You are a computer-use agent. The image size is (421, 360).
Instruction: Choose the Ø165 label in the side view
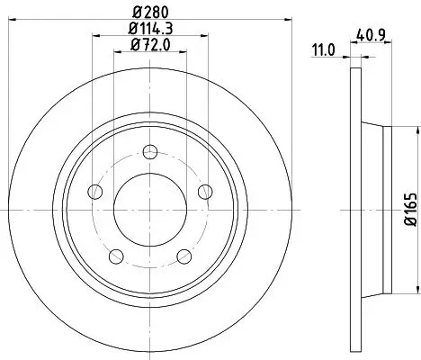click(410, 209)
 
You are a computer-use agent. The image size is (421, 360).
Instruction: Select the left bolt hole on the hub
click(94, 191)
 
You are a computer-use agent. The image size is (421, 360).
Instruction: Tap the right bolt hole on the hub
click(205, 191)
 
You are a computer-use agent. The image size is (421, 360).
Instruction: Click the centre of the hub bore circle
click(150, 210)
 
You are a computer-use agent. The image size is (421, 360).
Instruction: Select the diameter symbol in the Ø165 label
click(410, 223)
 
